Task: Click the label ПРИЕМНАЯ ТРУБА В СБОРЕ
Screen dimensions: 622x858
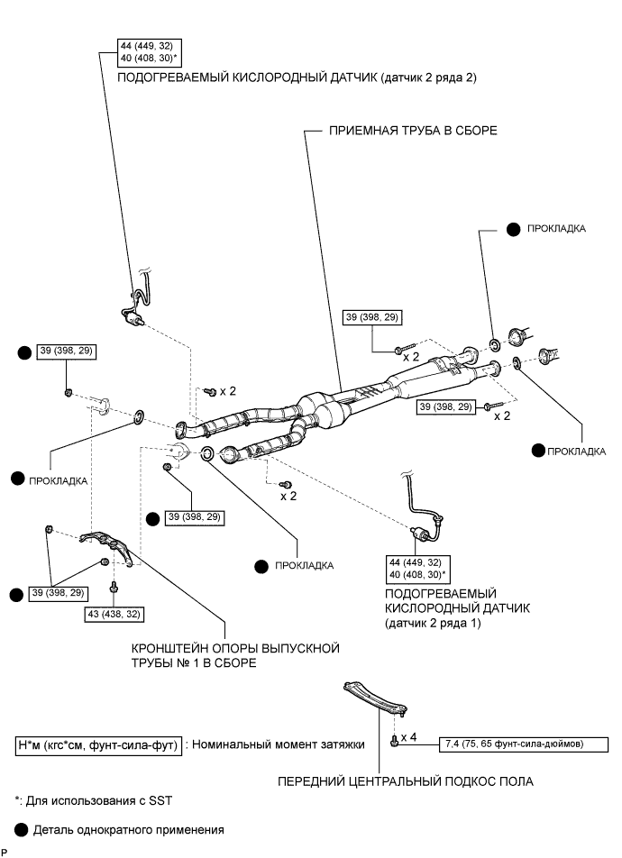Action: tap(413, 131)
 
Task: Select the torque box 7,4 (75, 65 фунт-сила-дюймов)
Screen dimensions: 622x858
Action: tap(524, 744)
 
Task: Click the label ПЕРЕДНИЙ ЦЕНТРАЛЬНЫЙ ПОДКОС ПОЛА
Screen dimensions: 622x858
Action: tap(405, 781)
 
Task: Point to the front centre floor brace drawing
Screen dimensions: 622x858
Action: tap(374, 698)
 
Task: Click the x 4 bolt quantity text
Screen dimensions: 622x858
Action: tap(408, 737)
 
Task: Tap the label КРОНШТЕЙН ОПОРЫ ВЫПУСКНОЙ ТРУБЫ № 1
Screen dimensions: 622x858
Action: tap(235, 655)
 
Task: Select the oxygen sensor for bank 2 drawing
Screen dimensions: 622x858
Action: tap(136, 301)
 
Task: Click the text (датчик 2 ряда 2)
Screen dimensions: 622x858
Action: tap(429, 78)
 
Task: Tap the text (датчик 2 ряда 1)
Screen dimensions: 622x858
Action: tap(433, 624)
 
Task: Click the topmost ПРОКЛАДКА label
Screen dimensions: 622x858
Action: tap(556, 229)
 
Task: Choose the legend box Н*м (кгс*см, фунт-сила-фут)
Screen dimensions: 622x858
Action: tap(98, 745)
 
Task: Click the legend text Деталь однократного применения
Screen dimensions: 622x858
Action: tap(129, 830)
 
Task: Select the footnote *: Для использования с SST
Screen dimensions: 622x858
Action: tap(93, 801)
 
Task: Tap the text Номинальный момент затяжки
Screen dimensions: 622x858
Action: tap(279, 744)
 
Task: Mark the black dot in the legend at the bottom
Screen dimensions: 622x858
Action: tap(22, 830)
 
